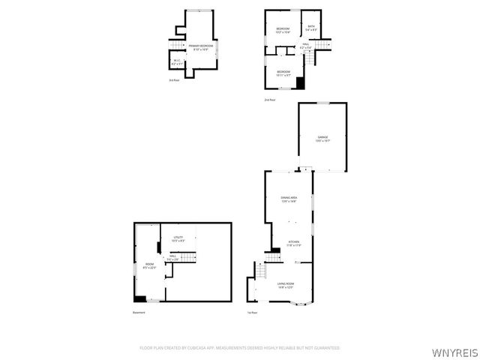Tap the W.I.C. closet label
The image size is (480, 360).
pos(177,63)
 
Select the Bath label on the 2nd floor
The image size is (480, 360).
pos(312,28)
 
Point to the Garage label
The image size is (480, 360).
pos(322,139)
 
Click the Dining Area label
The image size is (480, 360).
pos(289,199)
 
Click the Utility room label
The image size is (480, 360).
pos(178,239)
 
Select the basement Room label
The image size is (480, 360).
pos(148,265)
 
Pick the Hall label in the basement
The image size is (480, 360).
pos(172,257)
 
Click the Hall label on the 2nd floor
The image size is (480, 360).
pos(306,46)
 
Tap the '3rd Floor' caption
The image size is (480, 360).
pos(173,80)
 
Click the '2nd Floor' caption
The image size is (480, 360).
pos(269,100)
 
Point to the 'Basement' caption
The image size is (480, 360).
pos(139,313)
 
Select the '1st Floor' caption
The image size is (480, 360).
pos(253,313)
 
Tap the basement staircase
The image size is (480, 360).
pos(189,257)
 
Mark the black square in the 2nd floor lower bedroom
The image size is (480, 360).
pos(300,83)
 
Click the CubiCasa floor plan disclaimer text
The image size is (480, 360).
pos(240,348)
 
